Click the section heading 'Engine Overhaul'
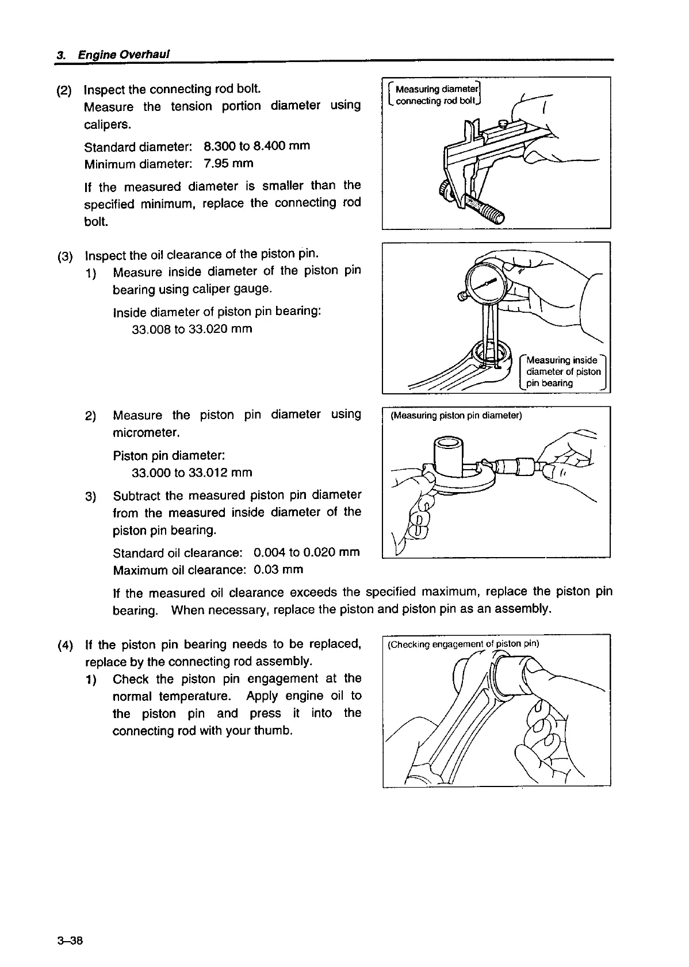124,55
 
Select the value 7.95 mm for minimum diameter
228,163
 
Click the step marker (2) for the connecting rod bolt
64,90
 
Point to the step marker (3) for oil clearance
65,256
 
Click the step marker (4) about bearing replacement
65,645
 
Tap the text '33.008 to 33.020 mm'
192,329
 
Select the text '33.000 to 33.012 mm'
192,473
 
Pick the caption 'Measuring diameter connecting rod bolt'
435,95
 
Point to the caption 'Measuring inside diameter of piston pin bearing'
562,371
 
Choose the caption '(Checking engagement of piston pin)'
463,644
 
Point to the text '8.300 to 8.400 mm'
257,145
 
